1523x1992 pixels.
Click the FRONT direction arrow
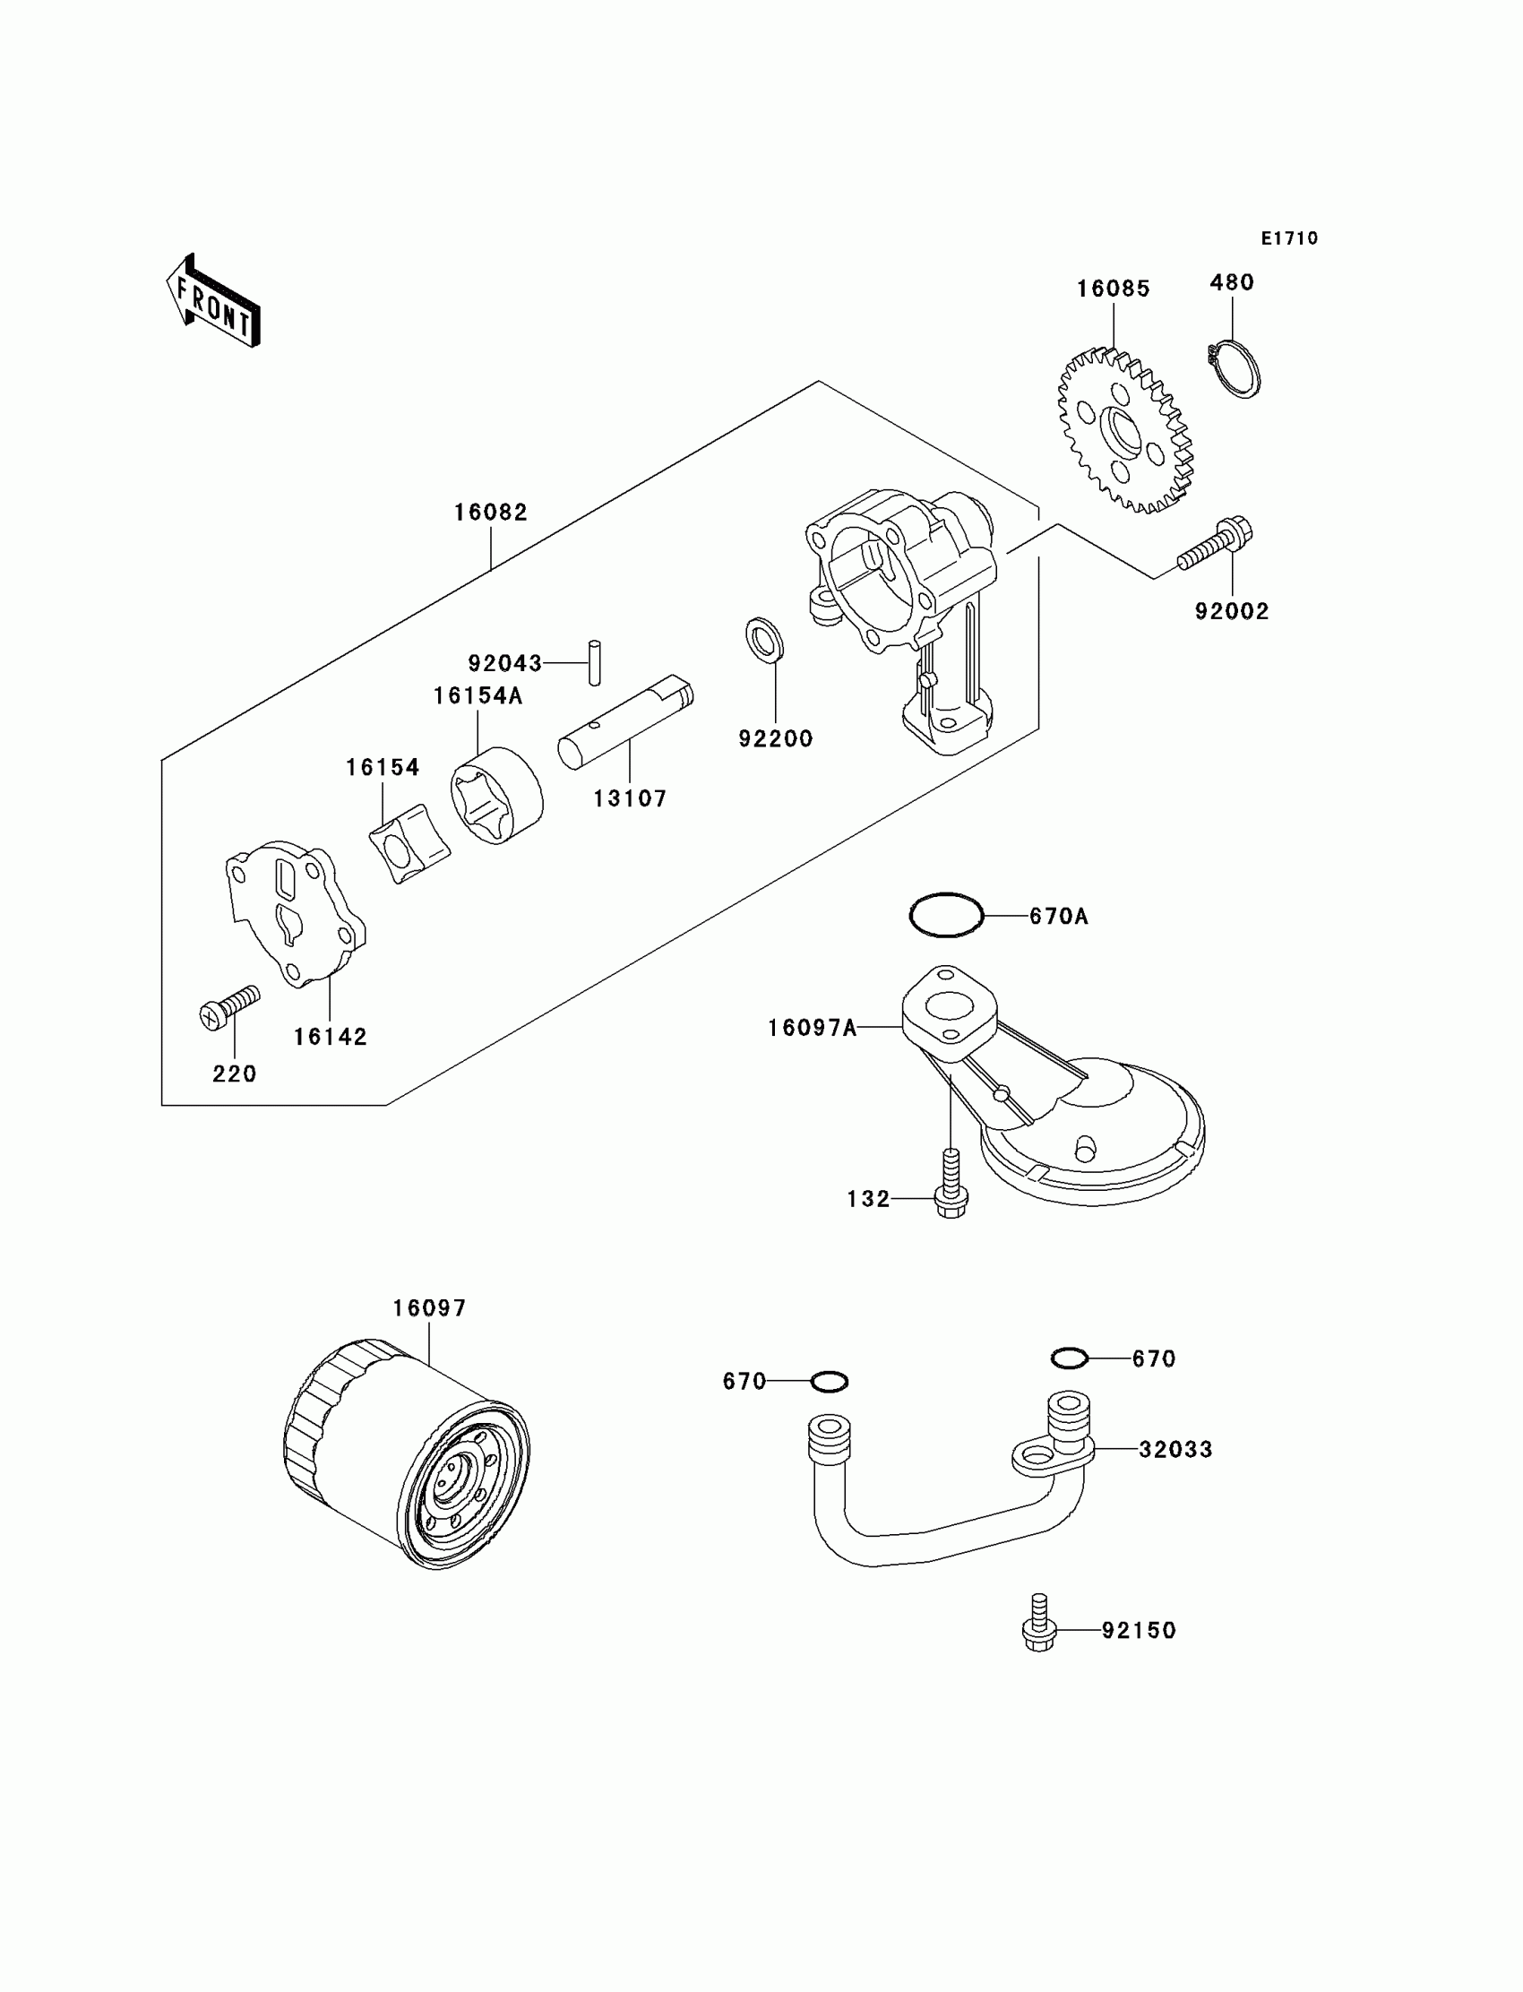[213, 302]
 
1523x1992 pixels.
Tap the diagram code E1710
[1289, 238]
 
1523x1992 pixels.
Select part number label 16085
[1114, 289]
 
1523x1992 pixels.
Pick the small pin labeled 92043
[595, 663]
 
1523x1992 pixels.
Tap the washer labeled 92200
[765, 639]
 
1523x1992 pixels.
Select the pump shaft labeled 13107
[625, 722]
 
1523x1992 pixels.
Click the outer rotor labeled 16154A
[497, 795]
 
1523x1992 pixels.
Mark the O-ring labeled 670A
[946, 915]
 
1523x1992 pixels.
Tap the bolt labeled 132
[951, 1184]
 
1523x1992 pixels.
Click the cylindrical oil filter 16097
[407, 1453]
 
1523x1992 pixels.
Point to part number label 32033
[1175, 1450]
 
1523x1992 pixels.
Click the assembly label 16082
[490, 513]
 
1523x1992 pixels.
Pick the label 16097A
[812, 1028]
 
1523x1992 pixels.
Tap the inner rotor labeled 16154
[409, 843]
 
